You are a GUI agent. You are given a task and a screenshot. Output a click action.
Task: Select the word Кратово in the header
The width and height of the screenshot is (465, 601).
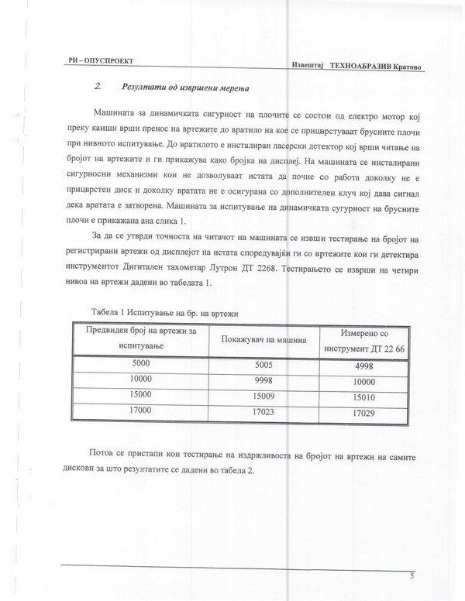[x=410, y=67]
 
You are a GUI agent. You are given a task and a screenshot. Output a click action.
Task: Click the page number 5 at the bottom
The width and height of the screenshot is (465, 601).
[x=412, y=576]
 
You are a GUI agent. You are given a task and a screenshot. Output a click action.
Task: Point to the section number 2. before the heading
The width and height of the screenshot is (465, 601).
[x=98, y=86]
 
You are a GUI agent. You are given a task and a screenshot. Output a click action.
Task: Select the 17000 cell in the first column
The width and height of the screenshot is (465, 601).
[x=144, y=410]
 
